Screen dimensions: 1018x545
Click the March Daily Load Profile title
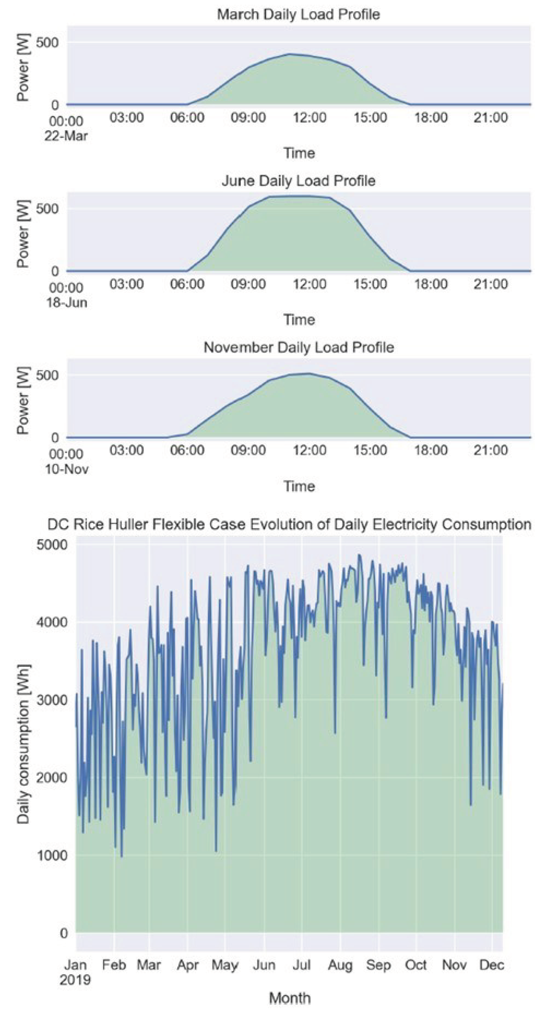pos(298,15)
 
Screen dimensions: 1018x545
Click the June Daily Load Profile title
pos(298,181)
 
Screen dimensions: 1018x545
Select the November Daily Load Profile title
pos(298,348)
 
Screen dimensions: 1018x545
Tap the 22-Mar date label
pos(66,136)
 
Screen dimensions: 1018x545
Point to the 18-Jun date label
pos(66,303)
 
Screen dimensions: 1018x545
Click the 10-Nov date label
pos(67,469)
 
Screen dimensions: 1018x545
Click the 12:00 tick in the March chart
pos(309,118)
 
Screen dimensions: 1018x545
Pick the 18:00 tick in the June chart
pos(431,284)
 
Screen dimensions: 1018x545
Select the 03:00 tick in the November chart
pos(127,450)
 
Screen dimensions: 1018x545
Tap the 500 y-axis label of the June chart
pos(47,209)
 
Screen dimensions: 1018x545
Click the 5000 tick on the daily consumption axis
pos(52,545)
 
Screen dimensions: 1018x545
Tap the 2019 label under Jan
pos(75,980)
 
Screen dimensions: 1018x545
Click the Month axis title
pos(290,998)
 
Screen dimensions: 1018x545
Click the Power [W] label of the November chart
pos(24,400)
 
